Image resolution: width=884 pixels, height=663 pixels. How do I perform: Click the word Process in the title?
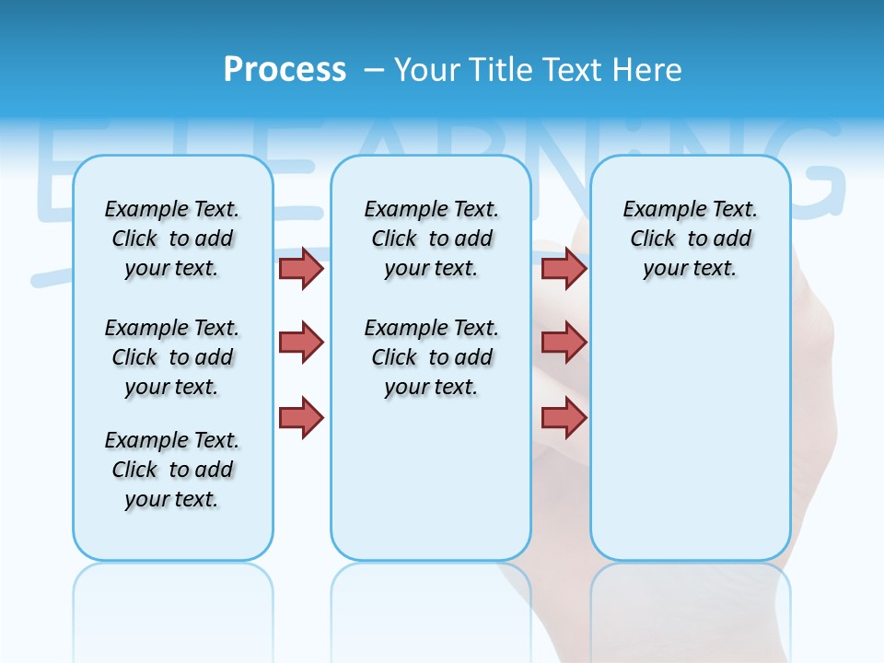285,69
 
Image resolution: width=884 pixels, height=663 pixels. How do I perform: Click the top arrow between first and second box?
301,268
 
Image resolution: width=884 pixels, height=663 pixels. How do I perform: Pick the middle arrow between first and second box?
301,343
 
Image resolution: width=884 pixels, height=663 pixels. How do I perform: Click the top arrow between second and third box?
564,268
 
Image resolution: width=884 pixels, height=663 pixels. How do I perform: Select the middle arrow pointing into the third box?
564,343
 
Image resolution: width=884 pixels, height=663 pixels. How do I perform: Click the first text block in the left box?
172,238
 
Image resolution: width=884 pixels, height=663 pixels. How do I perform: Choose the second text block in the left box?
172,357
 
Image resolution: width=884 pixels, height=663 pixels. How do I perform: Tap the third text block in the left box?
172,470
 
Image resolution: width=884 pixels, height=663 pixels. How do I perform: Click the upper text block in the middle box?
431,238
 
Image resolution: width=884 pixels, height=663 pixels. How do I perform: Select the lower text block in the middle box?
431,357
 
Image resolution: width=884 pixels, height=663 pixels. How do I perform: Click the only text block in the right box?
690,238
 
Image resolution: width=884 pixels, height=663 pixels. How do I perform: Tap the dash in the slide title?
374,70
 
